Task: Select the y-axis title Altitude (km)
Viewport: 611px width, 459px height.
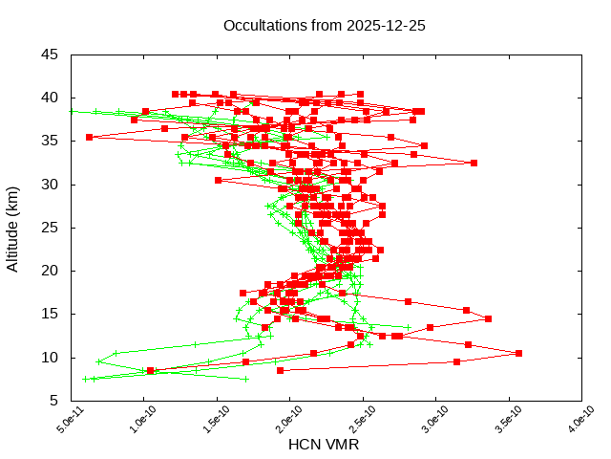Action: (13, 227)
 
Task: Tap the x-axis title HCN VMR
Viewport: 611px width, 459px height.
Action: (324, 445)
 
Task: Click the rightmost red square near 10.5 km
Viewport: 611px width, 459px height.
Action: (518, 353)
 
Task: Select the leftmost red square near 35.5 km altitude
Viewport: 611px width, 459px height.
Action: (89, 137)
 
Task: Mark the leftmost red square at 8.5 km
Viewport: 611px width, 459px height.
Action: (150, 370)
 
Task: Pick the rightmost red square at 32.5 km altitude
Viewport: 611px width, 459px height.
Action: (474, 163)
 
